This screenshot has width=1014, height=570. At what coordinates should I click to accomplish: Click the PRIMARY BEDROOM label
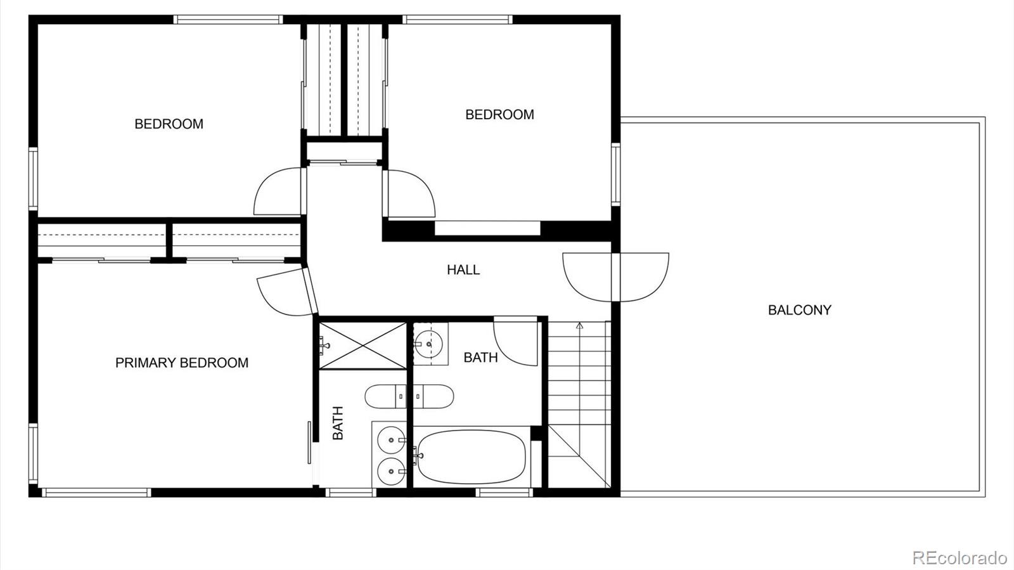tap(181, 363)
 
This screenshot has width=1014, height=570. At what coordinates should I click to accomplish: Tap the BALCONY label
tap(799, 310)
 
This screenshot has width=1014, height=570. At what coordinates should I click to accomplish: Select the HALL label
tap(463, 269)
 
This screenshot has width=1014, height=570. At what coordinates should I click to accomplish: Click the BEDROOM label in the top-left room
tap(169, 124)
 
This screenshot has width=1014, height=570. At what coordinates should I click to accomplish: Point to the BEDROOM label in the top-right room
tap(499, 114)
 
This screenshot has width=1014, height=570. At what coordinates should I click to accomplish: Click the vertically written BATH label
tap(338, 423)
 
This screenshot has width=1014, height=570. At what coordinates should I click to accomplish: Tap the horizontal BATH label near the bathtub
tap(480, 358)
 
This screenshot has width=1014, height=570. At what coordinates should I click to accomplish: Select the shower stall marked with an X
tap(363, 345)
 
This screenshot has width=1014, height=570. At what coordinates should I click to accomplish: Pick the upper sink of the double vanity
tap(390, 439)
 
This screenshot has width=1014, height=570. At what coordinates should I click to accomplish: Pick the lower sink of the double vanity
tap(390, 471)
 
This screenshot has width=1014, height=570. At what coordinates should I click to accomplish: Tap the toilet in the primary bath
tap(384, 397)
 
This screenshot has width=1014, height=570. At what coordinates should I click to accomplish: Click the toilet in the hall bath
tap(434, 397)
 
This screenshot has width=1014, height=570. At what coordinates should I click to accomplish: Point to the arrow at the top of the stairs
tap(579, 326)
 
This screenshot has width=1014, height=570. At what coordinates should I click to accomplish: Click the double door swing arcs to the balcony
tap(615, 275)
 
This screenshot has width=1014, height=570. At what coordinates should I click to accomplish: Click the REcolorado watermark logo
tap(959, 557)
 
